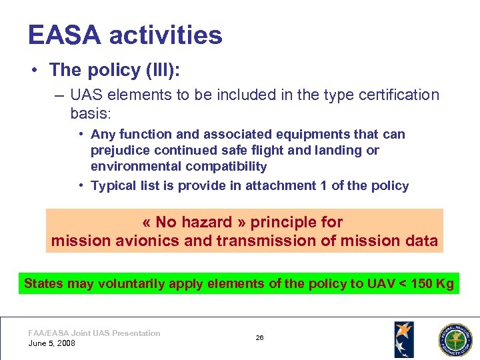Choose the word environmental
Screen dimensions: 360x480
click(x=136, y=167)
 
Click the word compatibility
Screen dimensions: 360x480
click(x=226, y=167)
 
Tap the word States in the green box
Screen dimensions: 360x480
click(x=43, y=283)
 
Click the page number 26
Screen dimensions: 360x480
click(x=259, y=338)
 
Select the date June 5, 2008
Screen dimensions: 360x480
click(x=52, y=343)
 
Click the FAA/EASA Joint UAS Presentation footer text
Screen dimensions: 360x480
click(x=94, y=333)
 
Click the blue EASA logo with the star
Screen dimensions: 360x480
click(x=403, y=339)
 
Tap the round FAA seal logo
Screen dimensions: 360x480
click(x=454, y=339)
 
